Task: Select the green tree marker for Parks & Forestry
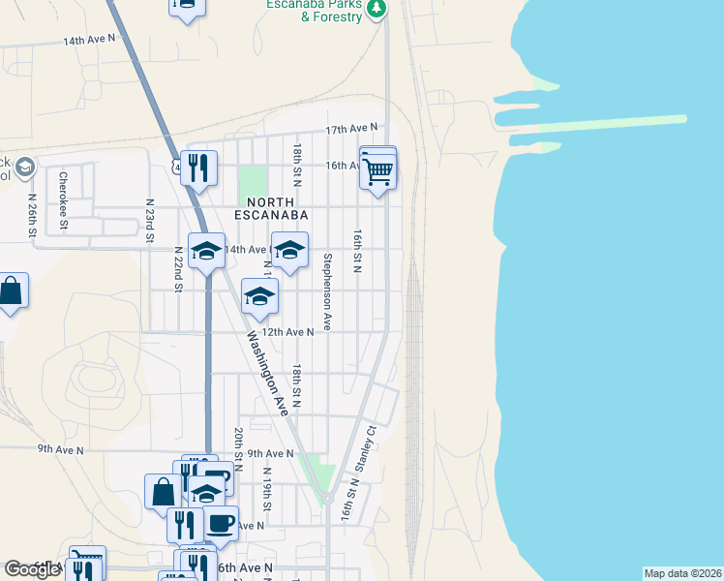pyautogui.click(x=377, y=9)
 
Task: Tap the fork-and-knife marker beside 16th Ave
pyautogui.click(x=198, y=168)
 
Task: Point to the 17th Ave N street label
pyautogui.click(x=349, y=129)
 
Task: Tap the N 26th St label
pyautogui.click(x=32, y=220)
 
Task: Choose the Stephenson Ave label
pyautogui.click(x=328, y=291)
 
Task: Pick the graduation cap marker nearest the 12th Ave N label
pyautogui.click(x=259, y=296)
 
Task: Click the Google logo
pyautogui.click(x=33, y=569)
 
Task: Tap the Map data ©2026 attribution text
pyautogui.click(x=683, y=573)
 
